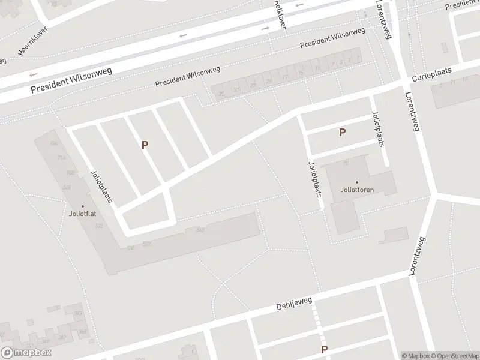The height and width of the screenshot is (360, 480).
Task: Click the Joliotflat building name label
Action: coord(83,214)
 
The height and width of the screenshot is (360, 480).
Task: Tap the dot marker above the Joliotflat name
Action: coord(83,206)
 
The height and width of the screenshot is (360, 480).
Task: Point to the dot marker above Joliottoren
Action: coord(357,182)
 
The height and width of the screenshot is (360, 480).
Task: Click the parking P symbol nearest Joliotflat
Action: coord(145,145)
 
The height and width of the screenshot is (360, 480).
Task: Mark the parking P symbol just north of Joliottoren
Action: coord(342,133)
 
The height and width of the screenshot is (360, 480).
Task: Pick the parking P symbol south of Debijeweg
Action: coord(324,349)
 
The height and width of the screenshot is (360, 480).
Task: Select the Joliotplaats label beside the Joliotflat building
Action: coord(101,185)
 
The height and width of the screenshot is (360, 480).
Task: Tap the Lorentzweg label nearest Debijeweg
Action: coord(418,256)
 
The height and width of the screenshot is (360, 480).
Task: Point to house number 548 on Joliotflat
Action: coord(67,187)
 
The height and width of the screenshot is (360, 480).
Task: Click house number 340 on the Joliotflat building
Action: coord(200,229)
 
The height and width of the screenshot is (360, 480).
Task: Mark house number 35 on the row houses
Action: coord(221,94)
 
